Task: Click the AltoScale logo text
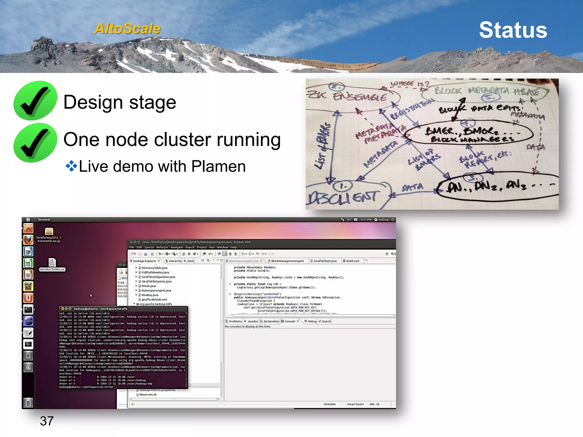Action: pyautogui.click(x=128, y=28)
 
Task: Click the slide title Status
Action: pyautogui.click(x=513, y=30)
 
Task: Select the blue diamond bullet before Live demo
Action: pyautogui.click(x=71, y=166)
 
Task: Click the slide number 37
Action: pyautogui.click(x=47, y=421)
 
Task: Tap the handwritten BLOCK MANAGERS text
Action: pyautogui.click(x=473, y=139)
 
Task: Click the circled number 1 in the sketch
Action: pyautogui.click(x=343, y=186)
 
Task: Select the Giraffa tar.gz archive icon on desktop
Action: pyautogui.click(x=49, y=232)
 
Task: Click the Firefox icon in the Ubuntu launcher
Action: pyautogui.click(x=28, y=240)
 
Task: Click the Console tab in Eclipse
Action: pyautogui.click(x=290, y=321)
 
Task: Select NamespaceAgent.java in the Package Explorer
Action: pyautogui.click(x=156, y=290)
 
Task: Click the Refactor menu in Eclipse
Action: pyautogui.click(x=162, y=247)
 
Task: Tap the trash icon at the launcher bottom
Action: pyautogui.click(x=28, y=403)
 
